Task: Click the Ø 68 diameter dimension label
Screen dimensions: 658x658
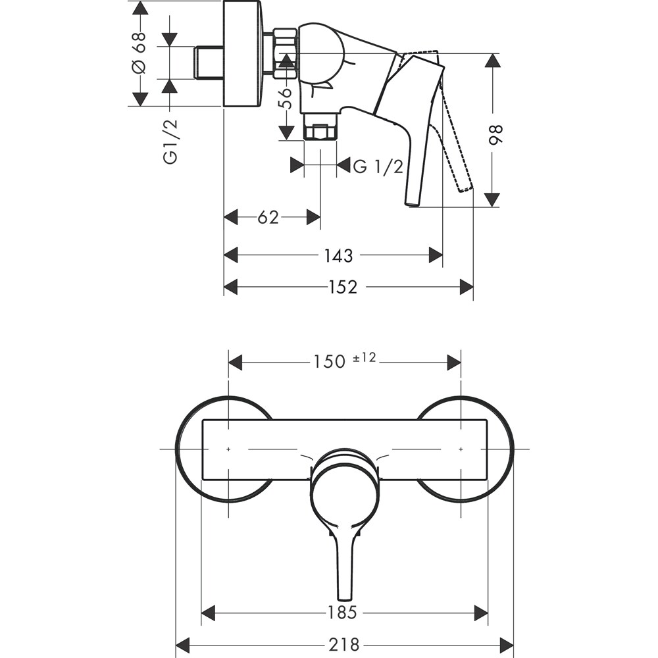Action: pyautogui.click(x=139, y=53)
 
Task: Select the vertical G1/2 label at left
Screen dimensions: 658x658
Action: pyautogui.click(x=170, y=141)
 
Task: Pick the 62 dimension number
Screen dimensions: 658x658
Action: pyautogui.click(x=268, y=217)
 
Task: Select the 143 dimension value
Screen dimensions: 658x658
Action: pyautogui.click(x=338, y=255)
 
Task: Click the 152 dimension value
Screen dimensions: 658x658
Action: pyautogui.click(x=343, y=287)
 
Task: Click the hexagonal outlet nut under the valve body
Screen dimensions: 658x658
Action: pyautogui.click(x=320, y=132)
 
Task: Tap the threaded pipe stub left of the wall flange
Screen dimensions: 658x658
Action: pyautogui.click(x=210, y=63)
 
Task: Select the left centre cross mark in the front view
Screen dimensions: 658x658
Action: pyautogui.click(x=228, y=449)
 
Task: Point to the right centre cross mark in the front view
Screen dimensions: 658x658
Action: pyautogui.click(x=461, y=449)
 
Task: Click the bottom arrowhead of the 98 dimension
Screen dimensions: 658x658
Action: pyautogui.click(x=492, y=199)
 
